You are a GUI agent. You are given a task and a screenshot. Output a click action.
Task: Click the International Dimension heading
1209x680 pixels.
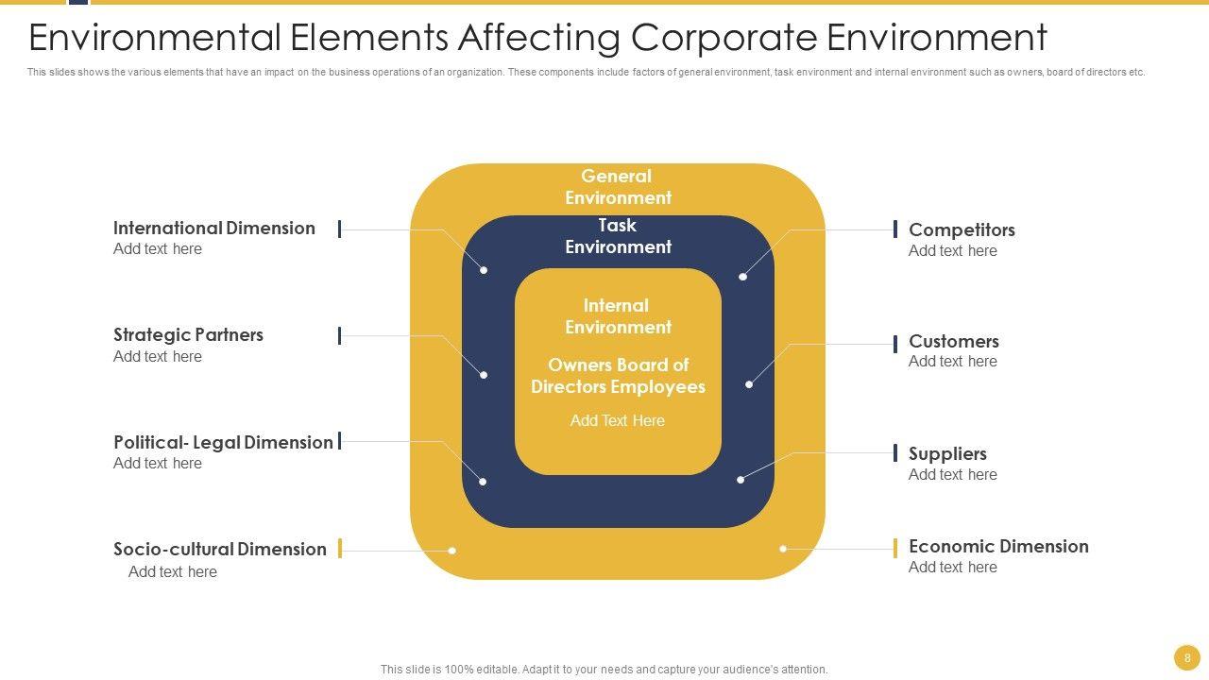click(213, 229)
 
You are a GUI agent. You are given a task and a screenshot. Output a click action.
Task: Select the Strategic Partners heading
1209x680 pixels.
click(188, 335)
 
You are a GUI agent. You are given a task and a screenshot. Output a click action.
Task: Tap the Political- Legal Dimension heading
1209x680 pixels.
click(223, 443)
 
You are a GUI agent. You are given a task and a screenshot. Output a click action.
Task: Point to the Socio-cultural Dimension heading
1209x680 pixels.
click(219, 550)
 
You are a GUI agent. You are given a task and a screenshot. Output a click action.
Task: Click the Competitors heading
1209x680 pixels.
click(962, 230)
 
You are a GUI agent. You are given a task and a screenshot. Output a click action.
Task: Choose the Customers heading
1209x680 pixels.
click(953, 342)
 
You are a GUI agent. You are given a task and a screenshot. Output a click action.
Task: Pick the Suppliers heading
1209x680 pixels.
click(947, 454)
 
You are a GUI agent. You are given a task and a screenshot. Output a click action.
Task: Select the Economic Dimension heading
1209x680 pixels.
click(998, 547)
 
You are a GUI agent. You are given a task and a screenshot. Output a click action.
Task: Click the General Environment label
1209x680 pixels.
click(618, 187)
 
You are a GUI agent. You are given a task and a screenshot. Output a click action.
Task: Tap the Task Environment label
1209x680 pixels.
click(618, 236)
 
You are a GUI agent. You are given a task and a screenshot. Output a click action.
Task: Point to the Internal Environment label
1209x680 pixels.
click(618, 316)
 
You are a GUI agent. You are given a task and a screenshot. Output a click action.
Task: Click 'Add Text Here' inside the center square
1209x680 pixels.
click(618, 421)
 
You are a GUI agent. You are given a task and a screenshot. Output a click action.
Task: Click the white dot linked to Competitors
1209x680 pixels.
click(743, 277)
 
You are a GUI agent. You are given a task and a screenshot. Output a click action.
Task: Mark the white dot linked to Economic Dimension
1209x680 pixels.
click(783, 549)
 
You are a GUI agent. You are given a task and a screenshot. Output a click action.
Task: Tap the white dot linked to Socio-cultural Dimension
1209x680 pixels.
click(452, 551)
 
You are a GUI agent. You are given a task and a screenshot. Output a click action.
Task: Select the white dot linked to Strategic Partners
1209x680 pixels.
click(484, 375)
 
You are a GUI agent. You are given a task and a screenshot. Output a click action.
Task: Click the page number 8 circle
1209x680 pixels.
click(1187, 657)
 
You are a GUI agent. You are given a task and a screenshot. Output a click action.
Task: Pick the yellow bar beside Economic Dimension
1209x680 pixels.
click(895, 549)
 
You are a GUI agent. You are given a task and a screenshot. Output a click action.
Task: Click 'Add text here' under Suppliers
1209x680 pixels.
click(952, 475)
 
